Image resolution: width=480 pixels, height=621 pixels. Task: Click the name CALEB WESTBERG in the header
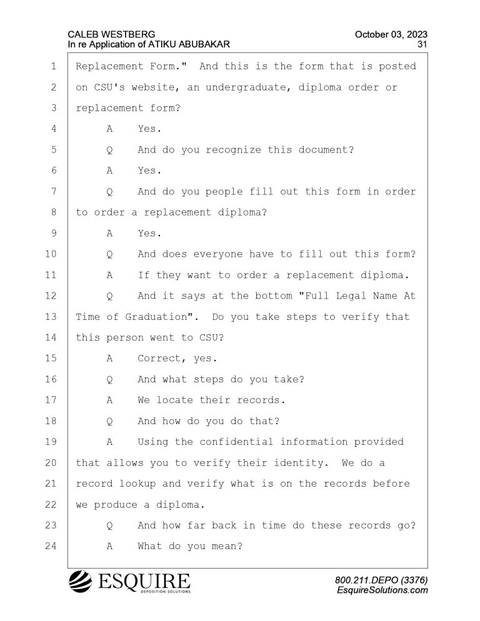(111, 34)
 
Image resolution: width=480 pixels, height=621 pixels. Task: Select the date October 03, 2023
(391, 34)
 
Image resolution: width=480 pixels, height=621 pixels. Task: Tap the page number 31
(422, 44)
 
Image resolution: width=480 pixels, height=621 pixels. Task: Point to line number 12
(51, 296)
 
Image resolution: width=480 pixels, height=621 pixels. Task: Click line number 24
(51, 546)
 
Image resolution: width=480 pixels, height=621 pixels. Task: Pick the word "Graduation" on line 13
(156, 317)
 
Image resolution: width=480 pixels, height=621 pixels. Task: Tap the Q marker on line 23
(110, 526)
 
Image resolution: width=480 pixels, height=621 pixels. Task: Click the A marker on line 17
(110, 400)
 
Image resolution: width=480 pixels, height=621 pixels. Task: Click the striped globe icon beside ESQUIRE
(81, 582)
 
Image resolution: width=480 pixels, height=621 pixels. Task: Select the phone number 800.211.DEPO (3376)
(381, 580)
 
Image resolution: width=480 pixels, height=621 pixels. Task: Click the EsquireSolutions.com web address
(382, 590)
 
